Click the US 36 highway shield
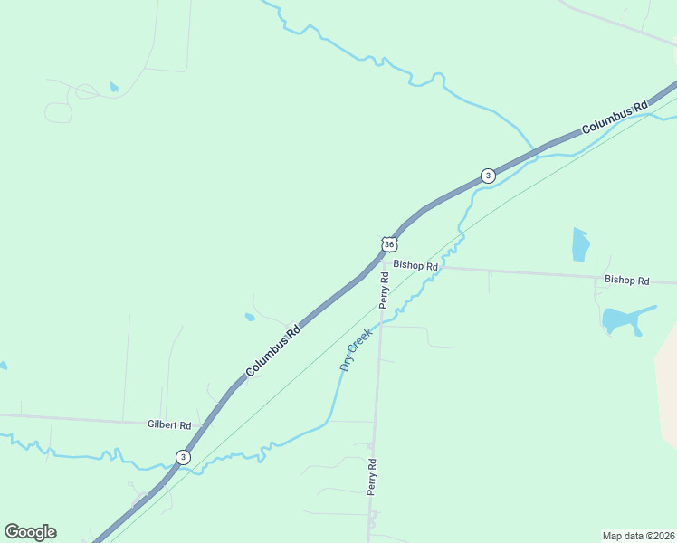[x=389, y=244]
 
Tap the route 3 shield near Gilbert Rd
[x=184, y=457]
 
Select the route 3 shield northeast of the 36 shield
[x=488, y=176]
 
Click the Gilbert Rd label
[x=169, y=424]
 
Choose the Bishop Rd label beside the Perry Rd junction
[x=415, y=266]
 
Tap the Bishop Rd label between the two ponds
[x=627, y=281]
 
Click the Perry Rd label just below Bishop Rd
[x=385, y=291]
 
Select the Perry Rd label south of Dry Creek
[x=371, y=475]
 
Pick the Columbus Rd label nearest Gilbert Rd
[x=272, y=351]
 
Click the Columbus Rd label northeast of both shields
[x=615, y=118]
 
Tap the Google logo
[x=30, y=532]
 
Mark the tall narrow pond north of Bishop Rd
[x=580, y=244]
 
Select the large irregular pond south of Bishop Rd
[x=625, y=319]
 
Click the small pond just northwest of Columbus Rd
[x=250, y=318]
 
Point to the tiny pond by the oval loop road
[x=113, y=87]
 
